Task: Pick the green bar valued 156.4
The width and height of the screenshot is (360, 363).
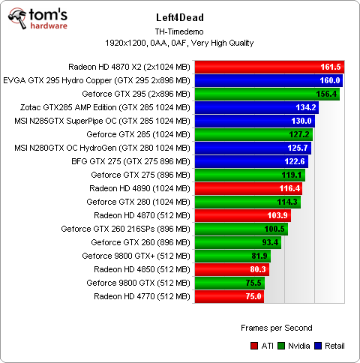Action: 266,94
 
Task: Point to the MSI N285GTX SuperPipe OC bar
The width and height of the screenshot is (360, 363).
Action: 254,121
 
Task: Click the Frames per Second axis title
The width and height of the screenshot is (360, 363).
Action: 277,328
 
